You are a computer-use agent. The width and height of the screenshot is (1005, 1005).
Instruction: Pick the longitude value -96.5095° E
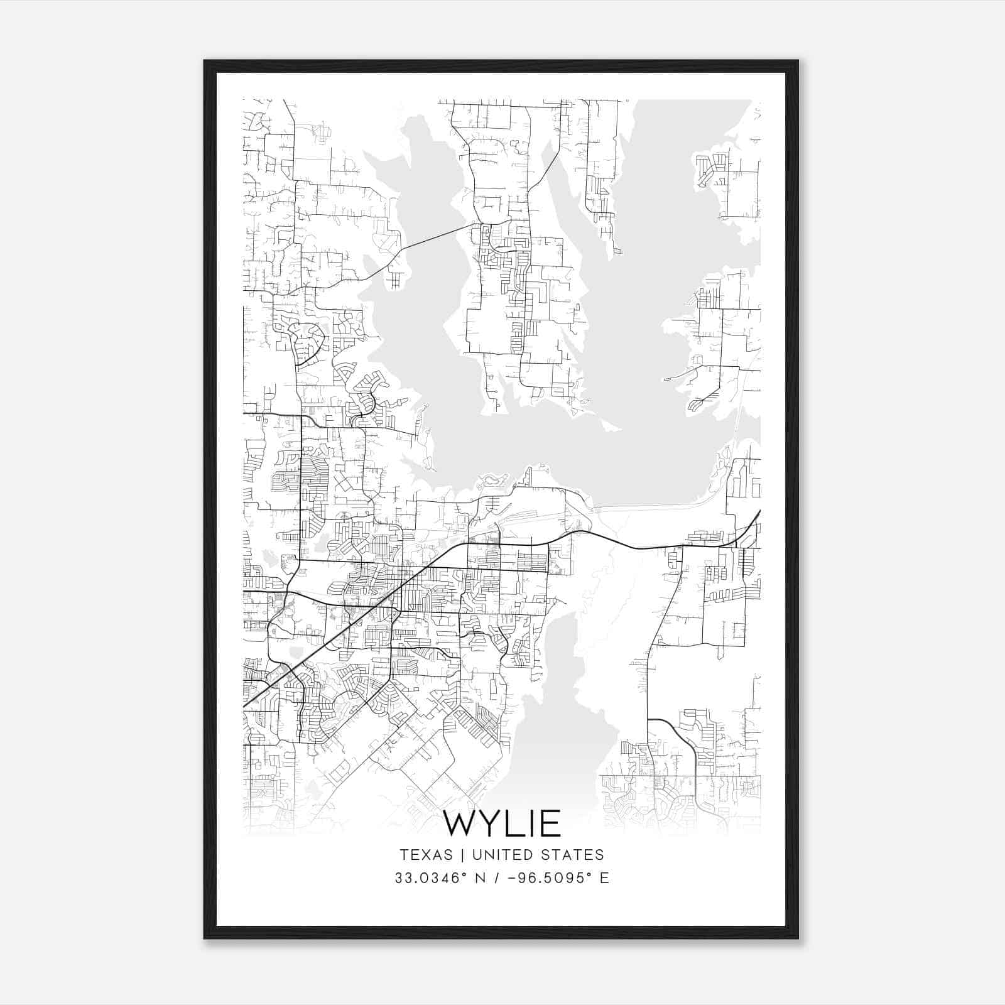click(x=552, y=878)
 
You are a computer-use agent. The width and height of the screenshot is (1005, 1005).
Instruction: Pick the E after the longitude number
click(x=604, y=878)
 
